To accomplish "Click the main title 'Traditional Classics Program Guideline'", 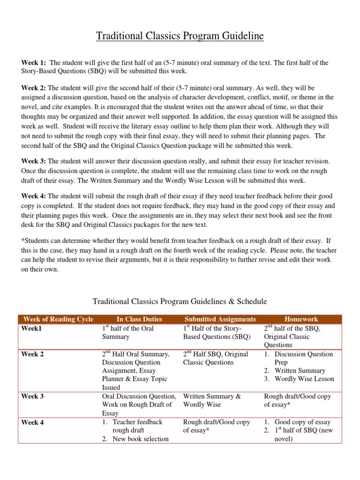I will [x=180, y=36].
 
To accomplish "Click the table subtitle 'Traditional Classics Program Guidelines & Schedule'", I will [x=180, y=301].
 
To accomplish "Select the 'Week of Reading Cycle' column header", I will [x=58, y=319].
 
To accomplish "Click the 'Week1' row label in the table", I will [x=32, y=329].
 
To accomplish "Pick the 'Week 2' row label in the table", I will [x=33, y=354].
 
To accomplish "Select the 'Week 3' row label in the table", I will [x=33, y=397].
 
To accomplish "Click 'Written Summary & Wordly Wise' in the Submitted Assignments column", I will [x=212, y=400].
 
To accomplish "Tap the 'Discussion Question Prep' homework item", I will [x=303, y=358].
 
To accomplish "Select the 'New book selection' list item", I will [x=140, y=439].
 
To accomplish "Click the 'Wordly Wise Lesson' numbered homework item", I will [x=304, y=379].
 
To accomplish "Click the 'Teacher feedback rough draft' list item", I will [x=137, y=426].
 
